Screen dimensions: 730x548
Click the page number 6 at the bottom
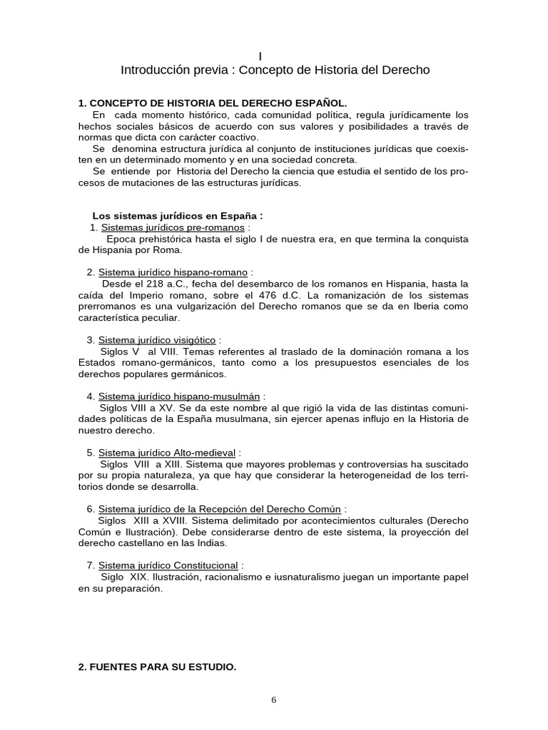[x=273, y=699]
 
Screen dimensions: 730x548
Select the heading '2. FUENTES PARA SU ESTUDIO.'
[x=157, y=667]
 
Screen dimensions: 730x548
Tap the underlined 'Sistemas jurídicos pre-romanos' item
[x=173, y=227]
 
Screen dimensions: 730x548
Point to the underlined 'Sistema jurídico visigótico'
[x=157, y=340]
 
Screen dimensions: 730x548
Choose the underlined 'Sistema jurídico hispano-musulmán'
[x=179, y=396]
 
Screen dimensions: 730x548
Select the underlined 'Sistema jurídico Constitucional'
[x=168, y=565]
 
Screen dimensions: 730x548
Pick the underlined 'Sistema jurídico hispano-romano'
[x=173, y=272]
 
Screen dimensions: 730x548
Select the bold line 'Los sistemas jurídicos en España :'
[x=178, y=216]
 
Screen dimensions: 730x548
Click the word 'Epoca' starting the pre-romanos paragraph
[x=122, y=239]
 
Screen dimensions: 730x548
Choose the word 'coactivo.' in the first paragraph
[x=239, y=137]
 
